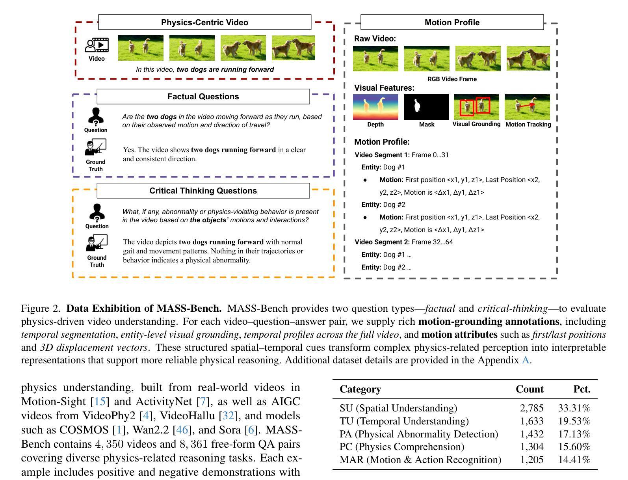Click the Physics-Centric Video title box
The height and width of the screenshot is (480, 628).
point(204,22)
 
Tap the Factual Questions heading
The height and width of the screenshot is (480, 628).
point(203,97)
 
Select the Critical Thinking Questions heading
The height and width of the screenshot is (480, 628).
point(203,191)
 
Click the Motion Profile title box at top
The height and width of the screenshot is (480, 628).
point(452,22)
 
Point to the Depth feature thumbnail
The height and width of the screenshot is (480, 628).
point(375,107)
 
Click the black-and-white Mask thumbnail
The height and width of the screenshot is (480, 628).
point(426,107)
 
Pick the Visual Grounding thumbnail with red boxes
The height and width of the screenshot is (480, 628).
point(476,107)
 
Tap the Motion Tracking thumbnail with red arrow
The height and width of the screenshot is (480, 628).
point(527,107)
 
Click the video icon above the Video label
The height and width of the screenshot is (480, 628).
point(97,45)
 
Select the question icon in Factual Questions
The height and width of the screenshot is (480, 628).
point(96,117)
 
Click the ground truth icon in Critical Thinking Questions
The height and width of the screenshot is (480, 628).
point(97,243)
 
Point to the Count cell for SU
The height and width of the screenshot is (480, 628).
point(531,408)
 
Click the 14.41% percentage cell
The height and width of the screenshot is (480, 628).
point(574,460)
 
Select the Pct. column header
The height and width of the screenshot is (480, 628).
point(582,389)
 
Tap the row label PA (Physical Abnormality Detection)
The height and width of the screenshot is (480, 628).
point(419,434)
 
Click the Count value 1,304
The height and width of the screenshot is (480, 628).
point(531,447)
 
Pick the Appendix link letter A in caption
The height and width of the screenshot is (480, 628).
point(525,360)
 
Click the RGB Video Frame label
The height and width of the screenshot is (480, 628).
point(452,79)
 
